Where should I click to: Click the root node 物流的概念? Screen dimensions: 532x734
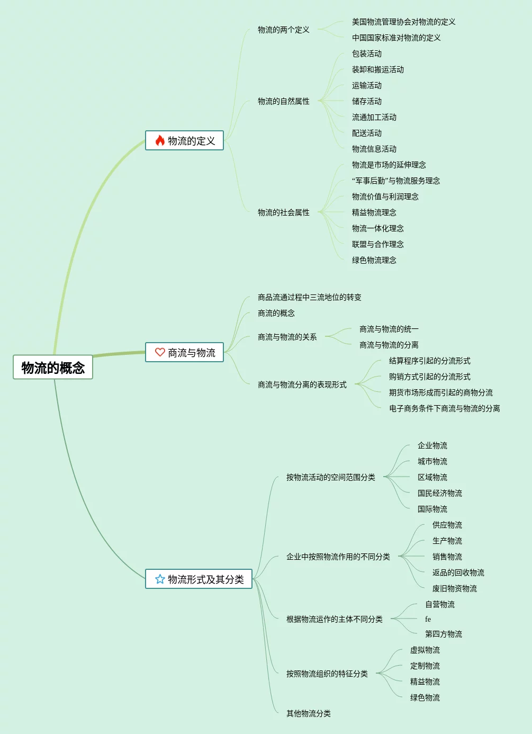(53, 368)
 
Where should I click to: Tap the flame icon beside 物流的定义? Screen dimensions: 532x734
(160, 140)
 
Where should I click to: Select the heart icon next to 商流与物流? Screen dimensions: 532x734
(160, 352)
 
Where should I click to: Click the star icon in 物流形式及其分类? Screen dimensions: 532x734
(160, 579)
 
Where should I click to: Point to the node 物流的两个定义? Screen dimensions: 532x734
(283, 30)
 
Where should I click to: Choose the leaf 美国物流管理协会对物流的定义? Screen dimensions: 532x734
(403, 22)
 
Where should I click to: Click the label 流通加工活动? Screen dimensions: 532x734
(374, 117)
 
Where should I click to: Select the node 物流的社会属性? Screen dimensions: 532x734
(283, 212)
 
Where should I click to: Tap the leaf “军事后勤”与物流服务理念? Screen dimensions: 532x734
(395, 181)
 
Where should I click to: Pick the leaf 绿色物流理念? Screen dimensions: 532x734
(374, 260)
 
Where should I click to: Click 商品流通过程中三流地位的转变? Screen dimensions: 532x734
(309, 297)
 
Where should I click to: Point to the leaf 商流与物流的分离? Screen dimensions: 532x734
(389, 345)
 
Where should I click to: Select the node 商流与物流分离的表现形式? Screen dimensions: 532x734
(302, 384)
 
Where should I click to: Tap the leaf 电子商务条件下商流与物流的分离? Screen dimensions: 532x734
(444, 408)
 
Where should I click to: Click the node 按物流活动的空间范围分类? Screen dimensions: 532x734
(330, 477)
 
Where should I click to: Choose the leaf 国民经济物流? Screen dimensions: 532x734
(439, 493)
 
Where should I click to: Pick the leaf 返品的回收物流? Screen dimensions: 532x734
(458, 572)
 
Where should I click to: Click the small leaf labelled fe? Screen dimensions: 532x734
(428, 619)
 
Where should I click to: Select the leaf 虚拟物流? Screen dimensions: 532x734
(425, 650)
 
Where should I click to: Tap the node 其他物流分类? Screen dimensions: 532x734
(308, 713)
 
